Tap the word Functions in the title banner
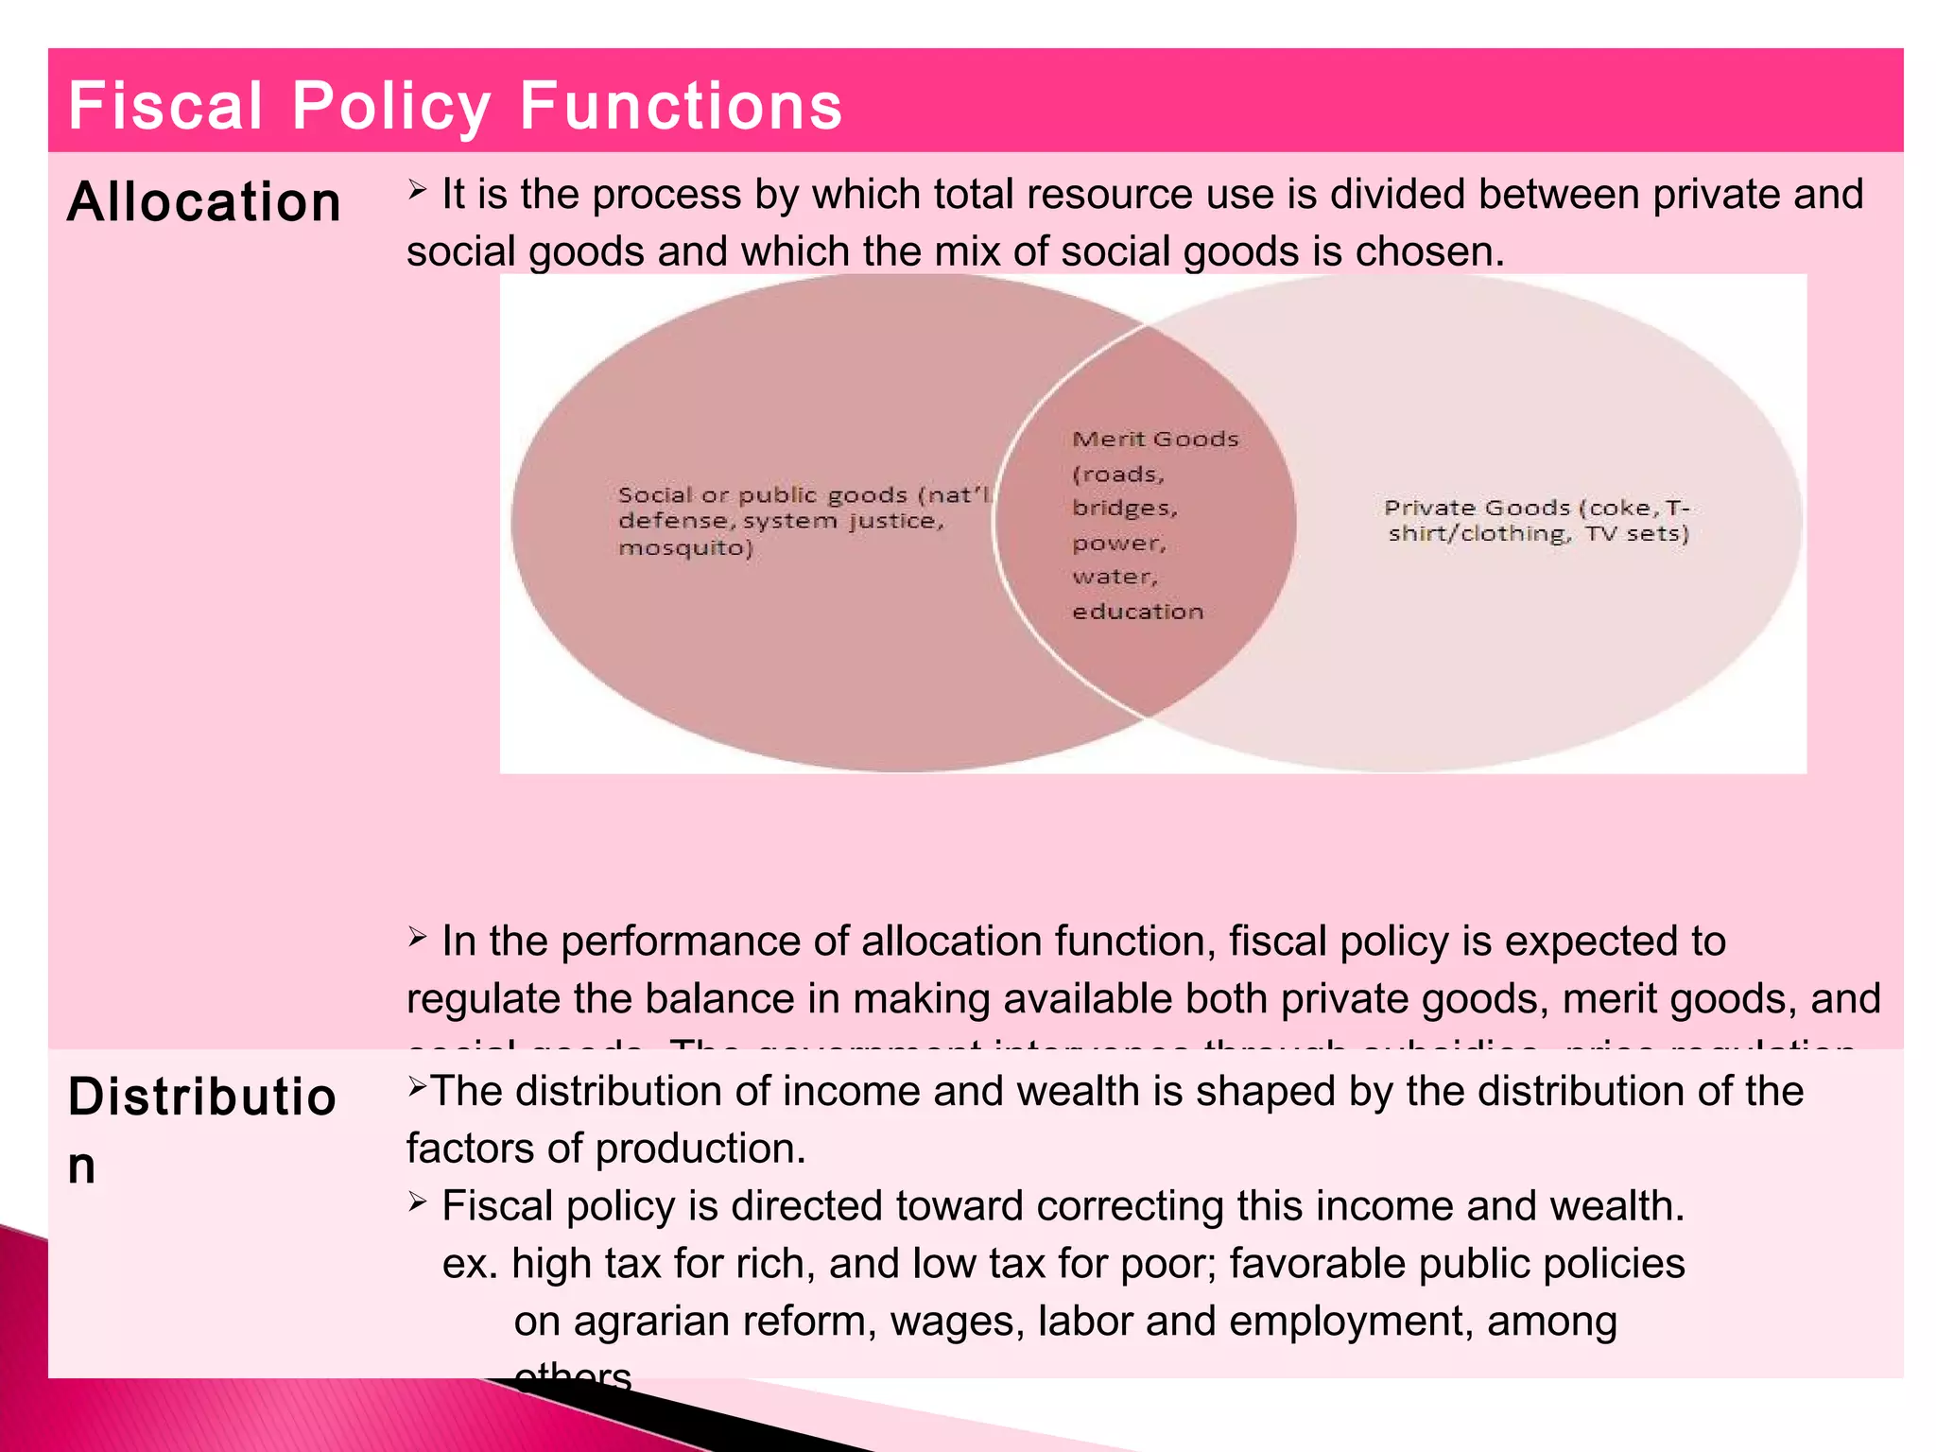(x=681, y=105)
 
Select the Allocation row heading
(x=204, y=202)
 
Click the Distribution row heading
(x=201, y=1130)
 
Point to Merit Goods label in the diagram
(x=1155, y=440)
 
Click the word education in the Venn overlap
(x=1137, y=612)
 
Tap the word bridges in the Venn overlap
(x=1124, y=509)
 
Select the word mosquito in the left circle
(x=684, y=548)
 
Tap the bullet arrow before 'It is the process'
(x=418, y=190)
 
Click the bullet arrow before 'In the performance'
(x=418, y=937)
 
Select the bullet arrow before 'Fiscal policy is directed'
(x=418, y=1201)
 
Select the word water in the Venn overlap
(x=1114, y=577)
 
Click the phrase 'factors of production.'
(x=606, y=1149)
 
